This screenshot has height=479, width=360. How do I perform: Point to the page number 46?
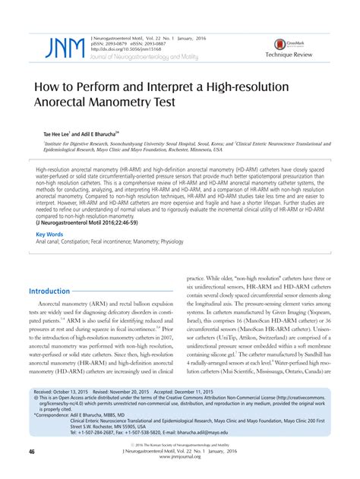[x=33, y=452]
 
